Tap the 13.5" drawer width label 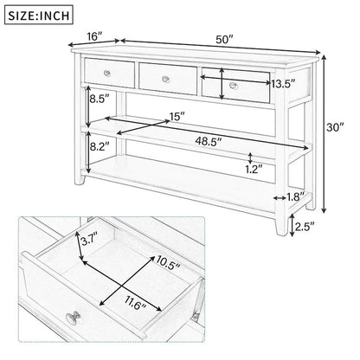[x=280, y=85]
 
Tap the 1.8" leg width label [x=295, y=196]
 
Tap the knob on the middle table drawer [x=169, y=77]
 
